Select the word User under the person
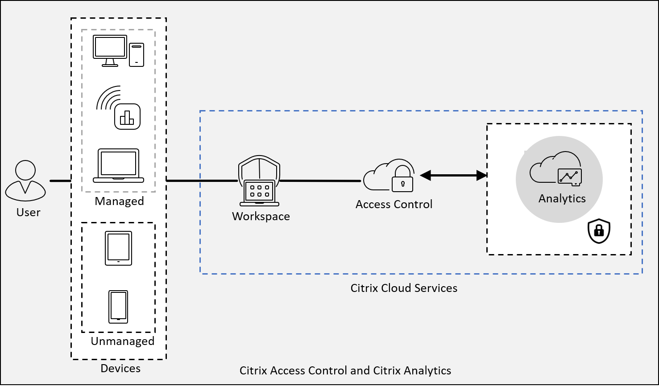[29, 213]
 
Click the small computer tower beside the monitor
[137, 55]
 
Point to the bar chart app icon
[127, 116]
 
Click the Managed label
[119, 201]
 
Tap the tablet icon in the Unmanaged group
[119, 248]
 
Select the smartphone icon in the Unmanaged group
[118, 307]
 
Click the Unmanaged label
[123, 341]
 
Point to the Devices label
[120, 368]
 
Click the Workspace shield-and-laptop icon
[259, 181]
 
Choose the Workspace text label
[261, 217]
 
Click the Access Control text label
[394, 204]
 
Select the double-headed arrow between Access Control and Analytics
[453, 175]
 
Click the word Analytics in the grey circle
[562, 198]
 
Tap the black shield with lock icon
[599, 231]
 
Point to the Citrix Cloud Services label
[404, 288]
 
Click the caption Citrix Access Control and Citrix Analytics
[345, 370]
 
